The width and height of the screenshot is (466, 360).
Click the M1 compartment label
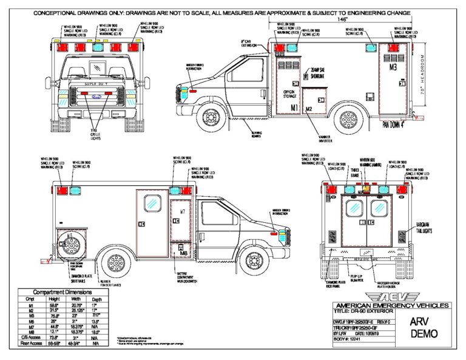[294, 107]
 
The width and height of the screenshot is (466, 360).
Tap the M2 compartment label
[309, 109]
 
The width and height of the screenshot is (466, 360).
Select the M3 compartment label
[393, 68]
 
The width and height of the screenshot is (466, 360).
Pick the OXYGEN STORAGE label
[289, 95]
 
